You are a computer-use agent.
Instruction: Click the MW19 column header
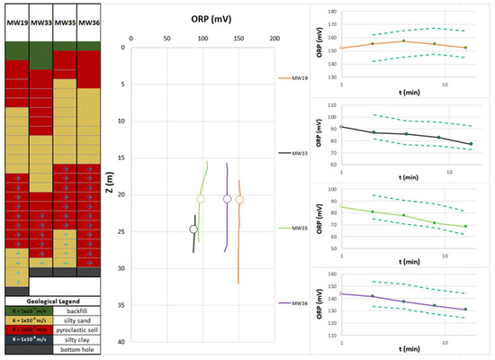(17, 22)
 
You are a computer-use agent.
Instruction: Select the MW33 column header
(41, 22)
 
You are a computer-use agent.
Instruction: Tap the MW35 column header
(65, 22)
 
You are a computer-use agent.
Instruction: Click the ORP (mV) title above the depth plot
(203, 17)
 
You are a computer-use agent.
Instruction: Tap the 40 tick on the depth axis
(121, 342)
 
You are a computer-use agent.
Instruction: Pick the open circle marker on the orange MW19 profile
(239, 199)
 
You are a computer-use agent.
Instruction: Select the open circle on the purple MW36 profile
(227, 199)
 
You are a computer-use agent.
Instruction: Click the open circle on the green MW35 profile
(201, 199)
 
